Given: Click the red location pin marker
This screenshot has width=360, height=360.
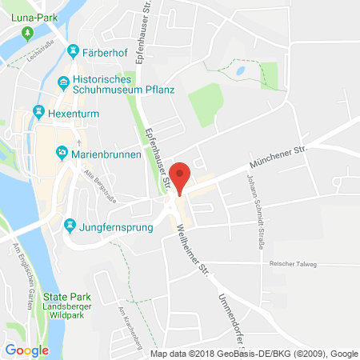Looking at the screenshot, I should pos(182,178).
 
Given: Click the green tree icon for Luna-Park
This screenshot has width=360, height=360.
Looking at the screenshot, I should pos(26,33).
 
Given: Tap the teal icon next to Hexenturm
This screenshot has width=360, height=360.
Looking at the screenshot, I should pos(38,110).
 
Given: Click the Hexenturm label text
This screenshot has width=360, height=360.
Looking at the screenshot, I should pos(70,110).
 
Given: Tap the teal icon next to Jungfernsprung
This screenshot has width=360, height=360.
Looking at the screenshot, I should pos(73,227).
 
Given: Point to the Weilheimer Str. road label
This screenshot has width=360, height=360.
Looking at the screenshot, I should pos(192,247).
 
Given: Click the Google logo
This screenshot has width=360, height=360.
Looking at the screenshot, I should pos(26,350).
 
